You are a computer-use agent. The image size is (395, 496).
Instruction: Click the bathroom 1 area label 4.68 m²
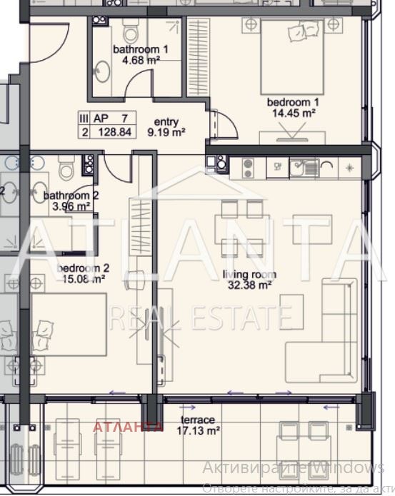point(141,61)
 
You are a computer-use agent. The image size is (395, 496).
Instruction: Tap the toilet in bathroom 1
point(131,31)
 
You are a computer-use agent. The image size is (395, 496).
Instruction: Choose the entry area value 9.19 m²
point(166,132)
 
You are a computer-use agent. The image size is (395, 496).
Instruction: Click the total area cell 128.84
point(114,132)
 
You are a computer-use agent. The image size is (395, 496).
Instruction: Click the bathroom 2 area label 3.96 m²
point(67,207)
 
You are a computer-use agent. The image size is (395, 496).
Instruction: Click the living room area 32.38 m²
point(249,285)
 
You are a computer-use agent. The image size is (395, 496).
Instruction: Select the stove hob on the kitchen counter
point(248,168)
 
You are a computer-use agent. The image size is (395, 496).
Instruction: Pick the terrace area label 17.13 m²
point(199,430)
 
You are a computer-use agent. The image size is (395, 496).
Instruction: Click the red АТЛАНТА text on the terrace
point(129,427)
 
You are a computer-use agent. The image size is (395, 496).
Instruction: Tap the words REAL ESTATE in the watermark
point(200,316)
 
